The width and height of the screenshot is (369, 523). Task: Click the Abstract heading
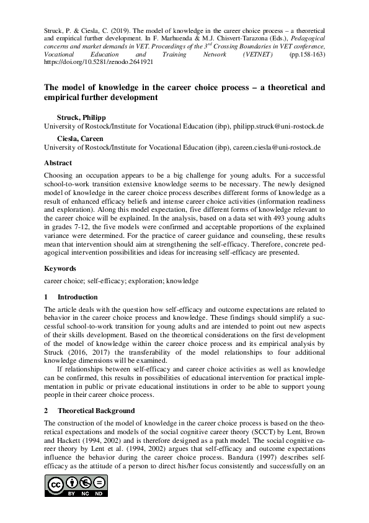58,163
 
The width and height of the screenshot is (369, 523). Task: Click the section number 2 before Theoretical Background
46,411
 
